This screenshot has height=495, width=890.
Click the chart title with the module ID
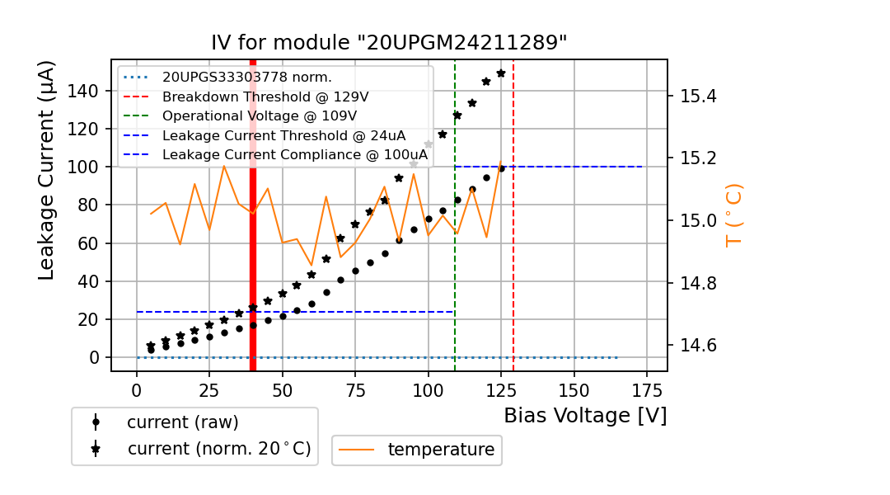(x=389, y=43)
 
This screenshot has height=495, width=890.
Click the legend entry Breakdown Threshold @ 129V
(x=265, y=97)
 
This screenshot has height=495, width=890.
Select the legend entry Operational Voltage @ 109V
(x=259, y=115)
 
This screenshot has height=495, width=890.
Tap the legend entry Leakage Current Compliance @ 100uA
(x=294, y=154)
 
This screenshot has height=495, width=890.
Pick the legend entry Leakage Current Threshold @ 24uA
(x=283, y=135)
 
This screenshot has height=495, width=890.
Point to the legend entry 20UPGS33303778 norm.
(x=246, y=78)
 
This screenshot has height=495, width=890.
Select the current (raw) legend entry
(x=182, y=422)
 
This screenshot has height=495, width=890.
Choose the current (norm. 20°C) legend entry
(x=218, y=450)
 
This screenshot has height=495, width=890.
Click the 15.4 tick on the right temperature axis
(x=698, y=97)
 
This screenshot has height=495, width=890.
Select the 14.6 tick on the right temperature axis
(x=698, y=345)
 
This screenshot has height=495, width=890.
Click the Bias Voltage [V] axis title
(x=585, y=416)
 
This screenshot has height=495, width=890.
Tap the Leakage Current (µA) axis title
(x=47, y=170)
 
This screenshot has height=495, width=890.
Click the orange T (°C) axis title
(x=733, y=214)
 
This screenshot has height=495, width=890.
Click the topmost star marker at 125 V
(x=500, y=73)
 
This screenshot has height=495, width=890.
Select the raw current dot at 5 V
(x=151, y=350)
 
